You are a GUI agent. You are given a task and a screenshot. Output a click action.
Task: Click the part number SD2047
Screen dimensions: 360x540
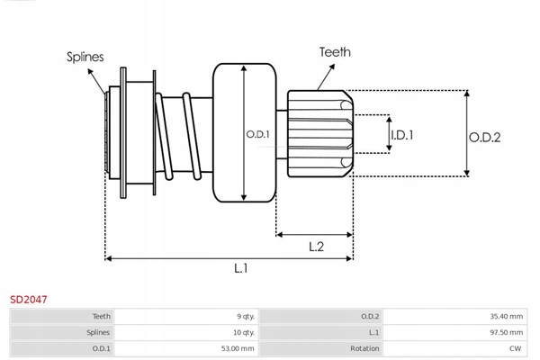(x=29, y=298)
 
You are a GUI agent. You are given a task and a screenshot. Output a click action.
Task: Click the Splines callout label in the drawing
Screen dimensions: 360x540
(x=85, y=57)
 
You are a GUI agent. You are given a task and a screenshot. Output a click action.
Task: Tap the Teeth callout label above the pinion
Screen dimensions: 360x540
(x=335, y=52)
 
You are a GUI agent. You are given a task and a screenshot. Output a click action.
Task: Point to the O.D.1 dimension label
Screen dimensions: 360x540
(x=258, y=135)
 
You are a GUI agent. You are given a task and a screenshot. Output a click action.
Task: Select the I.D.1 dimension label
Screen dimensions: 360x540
(x=401, y=135)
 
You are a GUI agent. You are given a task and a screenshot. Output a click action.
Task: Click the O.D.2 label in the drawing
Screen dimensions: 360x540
(x=484, y=137)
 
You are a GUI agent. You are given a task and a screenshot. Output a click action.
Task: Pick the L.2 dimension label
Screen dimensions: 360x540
(x=316, y=246)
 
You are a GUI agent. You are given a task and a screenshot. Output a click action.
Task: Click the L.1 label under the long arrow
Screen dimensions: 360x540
(x=241, y=268)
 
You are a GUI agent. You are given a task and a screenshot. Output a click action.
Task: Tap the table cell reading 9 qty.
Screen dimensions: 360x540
(x=244, y=316)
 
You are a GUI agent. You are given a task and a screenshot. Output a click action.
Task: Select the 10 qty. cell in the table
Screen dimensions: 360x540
(x=243, y=331)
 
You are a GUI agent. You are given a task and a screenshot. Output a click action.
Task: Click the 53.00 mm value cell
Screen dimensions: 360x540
(x=236, y=346)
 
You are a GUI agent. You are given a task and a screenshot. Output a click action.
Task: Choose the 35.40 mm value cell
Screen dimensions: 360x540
(x=503, y=316)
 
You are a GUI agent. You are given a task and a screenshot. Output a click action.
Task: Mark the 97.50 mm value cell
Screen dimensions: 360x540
(x=503, y=331)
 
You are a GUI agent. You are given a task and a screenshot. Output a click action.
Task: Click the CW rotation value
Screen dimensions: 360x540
(x=515, y=346)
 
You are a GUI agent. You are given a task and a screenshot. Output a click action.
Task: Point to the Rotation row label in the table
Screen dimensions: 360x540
(x=365, y=346)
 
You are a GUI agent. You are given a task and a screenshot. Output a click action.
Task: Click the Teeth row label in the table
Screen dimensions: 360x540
(x=102, y=316)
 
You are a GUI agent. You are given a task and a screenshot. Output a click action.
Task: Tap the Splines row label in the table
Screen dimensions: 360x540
(x=98, y=331)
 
